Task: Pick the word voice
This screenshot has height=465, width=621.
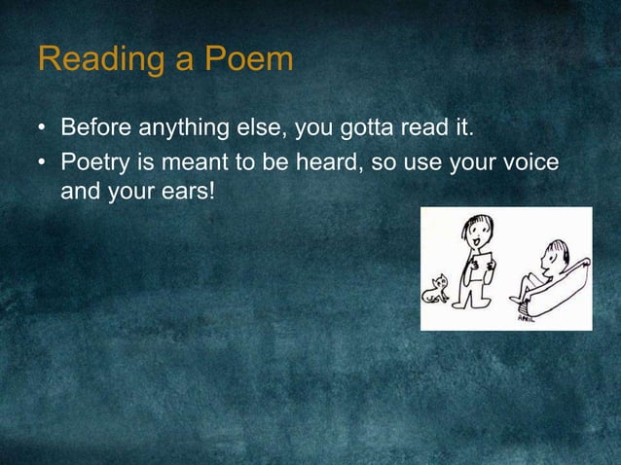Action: (x=530, y=161)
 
